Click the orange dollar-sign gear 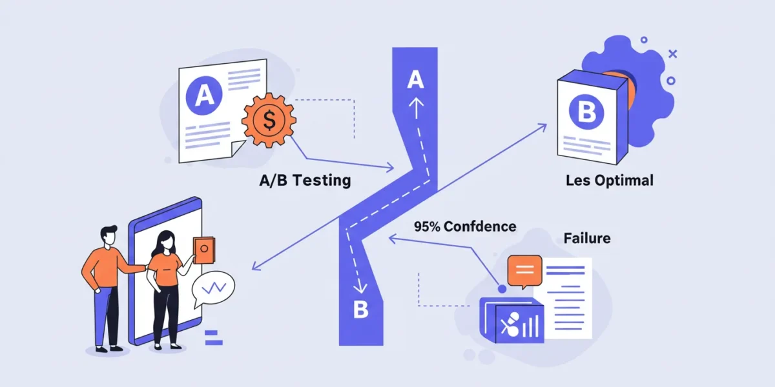pyautogui.click(x=269, y=120)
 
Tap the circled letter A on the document pyautogui.click(x=204, y=95)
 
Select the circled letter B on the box pyautogui.click(x=586, y=112)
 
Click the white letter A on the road pyautogui.click(x=415, y=79)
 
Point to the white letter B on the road pyautogui.click(x=361, y=309)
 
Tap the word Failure pyautogui.click(x=587, y=238)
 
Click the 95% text pyautogui.click(x=427, y=226)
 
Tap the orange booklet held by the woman pyautogui.click(x=204, y=250)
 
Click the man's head pyautogui.click(x=109, y=235)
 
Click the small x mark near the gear pyautogui.click(x=672, y=54)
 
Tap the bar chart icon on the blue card pyautogui.click(x=530, y=326)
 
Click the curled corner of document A pyautogui.click(x=238, y=148)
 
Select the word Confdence pyautogui.click(x=480, y=226)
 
